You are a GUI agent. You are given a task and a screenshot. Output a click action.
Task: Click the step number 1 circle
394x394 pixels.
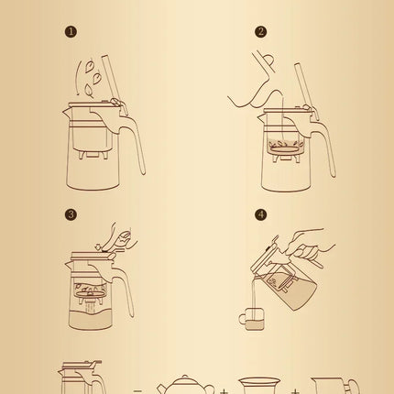(x=71, y=32)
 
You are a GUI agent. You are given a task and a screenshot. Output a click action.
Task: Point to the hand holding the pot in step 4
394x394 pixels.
(x=312, y=246)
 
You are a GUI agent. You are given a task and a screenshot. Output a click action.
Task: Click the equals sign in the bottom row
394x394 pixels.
(x=137, y=390)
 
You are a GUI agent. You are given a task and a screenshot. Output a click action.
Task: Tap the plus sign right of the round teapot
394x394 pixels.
(x=224, y=390)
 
